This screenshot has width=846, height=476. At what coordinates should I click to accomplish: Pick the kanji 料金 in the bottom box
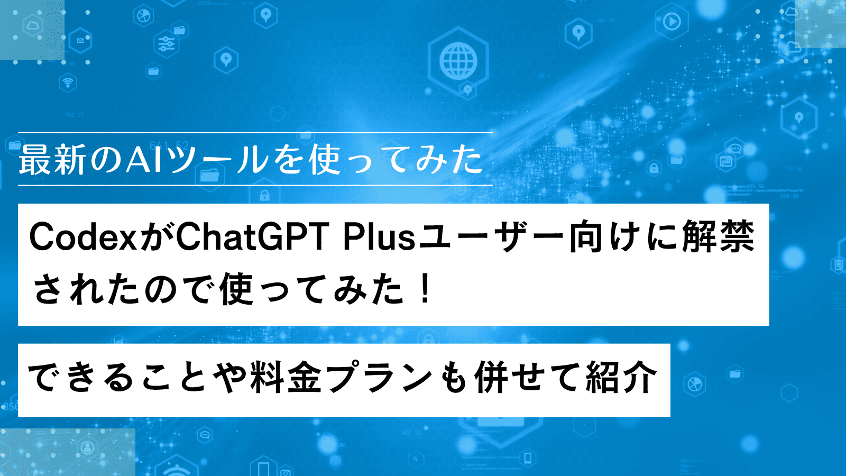point(286,377)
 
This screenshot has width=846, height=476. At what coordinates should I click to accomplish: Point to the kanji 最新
point(52,159)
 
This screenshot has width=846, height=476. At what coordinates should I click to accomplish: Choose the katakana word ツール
point(217,159)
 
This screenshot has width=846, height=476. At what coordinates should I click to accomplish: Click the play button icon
point(672,22)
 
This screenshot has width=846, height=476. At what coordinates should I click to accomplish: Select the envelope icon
point(80,40)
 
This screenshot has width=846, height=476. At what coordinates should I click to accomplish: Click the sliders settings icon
point(166,44)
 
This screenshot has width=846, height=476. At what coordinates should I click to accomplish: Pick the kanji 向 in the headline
point(586,237)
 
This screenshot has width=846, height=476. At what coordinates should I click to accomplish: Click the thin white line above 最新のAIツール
point(255,133)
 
